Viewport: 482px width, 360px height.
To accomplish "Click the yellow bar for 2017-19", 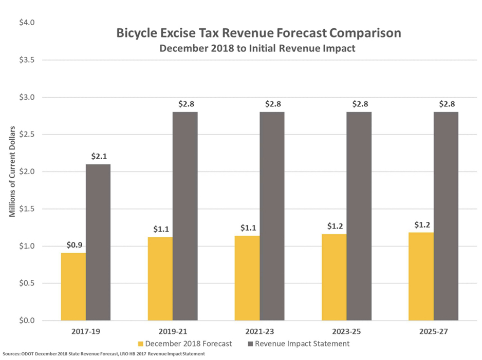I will pos(73,287).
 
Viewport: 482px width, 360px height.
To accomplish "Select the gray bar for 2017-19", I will pos(98,242).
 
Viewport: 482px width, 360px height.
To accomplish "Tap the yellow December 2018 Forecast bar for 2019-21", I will pos(160,279).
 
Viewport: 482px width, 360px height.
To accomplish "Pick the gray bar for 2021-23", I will pos(272,216).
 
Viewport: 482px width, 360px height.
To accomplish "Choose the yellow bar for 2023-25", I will pos(334,277).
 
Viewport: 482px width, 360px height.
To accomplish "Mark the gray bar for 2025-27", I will pos(446,216).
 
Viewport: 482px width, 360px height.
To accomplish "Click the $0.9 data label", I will pos(75,245).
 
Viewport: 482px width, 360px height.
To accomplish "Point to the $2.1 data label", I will pos(99,156).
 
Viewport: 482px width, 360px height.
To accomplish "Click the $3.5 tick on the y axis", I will pos(27,60).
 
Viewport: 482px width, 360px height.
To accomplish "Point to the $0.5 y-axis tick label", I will pos(27,283).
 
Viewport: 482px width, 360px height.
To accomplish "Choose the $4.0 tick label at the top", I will pos(27,23).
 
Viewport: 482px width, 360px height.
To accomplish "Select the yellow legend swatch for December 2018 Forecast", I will pos(141,344).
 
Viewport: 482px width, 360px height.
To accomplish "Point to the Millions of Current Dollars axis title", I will pos(12,171).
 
